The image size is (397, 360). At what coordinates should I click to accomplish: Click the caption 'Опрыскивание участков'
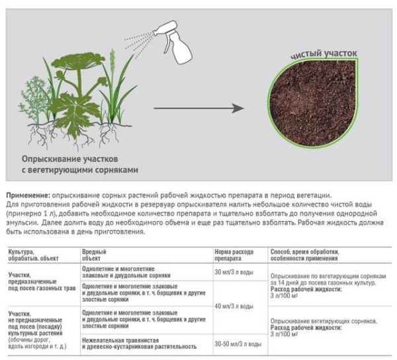click(x=69, y=159)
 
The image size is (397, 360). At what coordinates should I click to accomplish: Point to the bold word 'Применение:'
click(x=27, y=195)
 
